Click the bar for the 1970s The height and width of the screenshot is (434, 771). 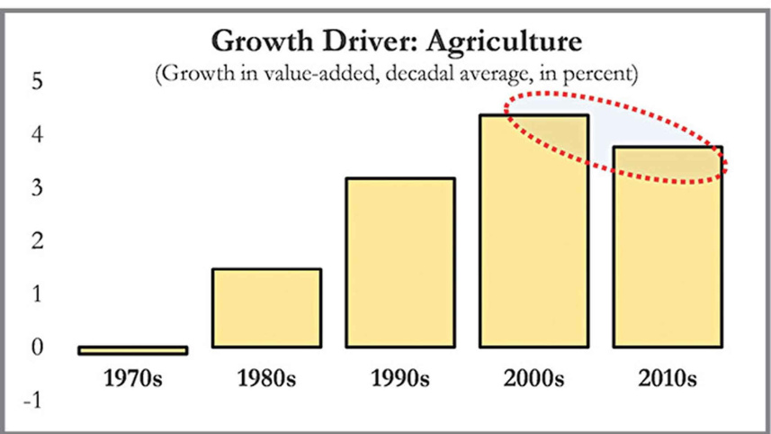click(x=132, y=350)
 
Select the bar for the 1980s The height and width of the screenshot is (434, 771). click(x=265, y=308)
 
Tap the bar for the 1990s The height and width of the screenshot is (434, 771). click(x=400, y=263)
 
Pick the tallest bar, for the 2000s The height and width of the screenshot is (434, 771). click(x=533, y=231)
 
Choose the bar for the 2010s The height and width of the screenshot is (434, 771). click(x=668, y=248)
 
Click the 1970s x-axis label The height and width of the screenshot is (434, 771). click(x=132, y=377)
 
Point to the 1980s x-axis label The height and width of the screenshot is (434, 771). click(x=265, y=377)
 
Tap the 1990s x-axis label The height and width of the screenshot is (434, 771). click(x=400, y=377)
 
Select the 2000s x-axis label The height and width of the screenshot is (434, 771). click(x=533, y=377)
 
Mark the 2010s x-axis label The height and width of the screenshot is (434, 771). click(x=668, y=377)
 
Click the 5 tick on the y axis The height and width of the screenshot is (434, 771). click(x=37, y=82)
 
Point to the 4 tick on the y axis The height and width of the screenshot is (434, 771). click(x=37, y=135)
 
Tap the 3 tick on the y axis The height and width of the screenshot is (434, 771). click(x=37, y=188)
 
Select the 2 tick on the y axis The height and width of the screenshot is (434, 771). click(x=37, y=241)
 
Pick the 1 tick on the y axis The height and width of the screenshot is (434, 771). click(x=37, y=294)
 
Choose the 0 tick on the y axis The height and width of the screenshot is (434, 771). click(x=37, y=348)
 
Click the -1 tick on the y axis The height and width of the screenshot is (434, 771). click(x=34, y=401)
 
